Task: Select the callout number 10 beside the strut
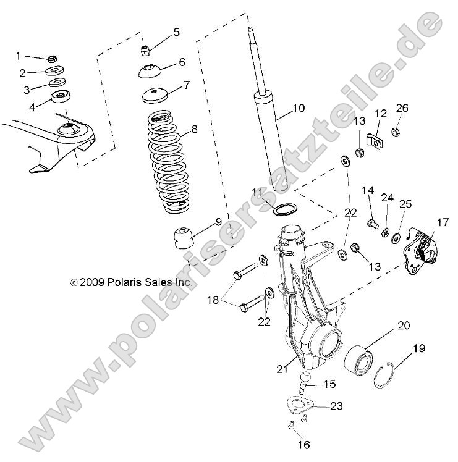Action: click(x=298, y=109)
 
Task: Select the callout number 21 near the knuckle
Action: click(x=282, y=369)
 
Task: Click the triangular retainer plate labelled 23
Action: click(x=300, y=407)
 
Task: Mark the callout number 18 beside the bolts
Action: click(x=212, y=300)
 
